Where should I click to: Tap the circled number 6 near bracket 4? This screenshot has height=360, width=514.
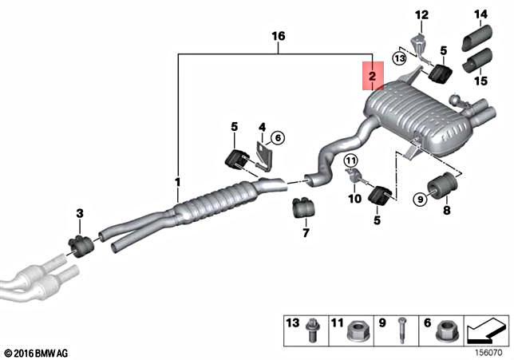click(x=277, y=137)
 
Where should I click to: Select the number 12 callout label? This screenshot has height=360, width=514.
click(x=421, y=14)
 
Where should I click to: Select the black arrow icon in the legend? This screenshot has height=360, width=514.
click(x=486, y=327)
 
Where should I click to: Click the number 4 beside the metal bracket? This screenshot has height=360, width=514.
click(x=260, y=127)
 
